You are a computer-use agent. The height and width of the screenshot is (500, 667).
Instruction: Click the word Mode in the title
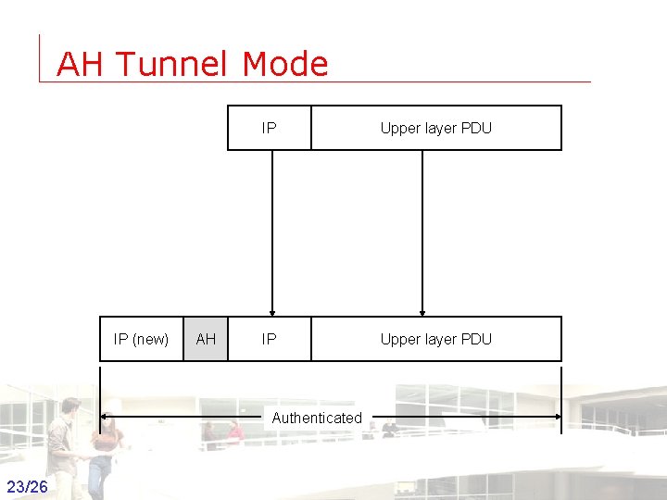pos(285,64)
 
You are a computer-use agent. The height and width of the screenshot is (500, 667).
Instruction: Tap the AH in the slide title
pos(82,64)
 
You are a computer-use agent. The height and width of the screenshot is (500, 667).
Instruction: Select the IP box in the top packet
pos(269,128)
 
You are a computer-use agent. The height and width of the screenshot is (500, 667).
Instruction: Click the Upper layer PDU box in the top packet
pos(435,128)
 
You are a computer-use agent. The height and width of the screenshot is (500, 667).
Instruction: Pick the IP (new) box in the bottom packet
pos(141,339)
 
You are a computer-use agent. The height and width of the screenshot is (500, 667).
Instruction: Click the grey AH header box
pos(206,339)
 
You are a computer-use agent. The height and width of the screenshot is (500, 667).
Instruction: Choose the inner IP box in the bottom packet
pos(269,339)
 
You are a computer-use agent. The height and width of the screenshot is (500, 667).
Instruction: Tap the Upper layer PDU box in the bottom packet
pos(435,339)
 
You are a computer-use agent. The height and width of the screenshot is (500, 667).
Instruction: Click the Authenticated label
pos(317,418)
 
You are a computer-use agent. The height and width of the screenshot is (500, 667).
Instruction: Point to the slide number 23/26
pos(27,487)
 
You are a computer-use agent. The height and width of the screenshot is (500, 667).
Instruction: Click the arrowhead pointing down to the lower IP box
pos(272,311)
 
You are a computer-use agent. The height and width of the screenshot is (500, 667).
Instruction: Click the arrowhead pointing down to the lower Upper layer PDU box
pos(422,311)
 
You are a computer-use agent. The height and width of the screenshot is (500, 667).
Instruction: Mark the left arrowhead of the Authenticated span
pos(105,417)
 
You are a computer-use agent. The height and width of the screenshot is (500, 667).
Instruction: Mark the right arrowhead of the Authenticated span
pos(557,417)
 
